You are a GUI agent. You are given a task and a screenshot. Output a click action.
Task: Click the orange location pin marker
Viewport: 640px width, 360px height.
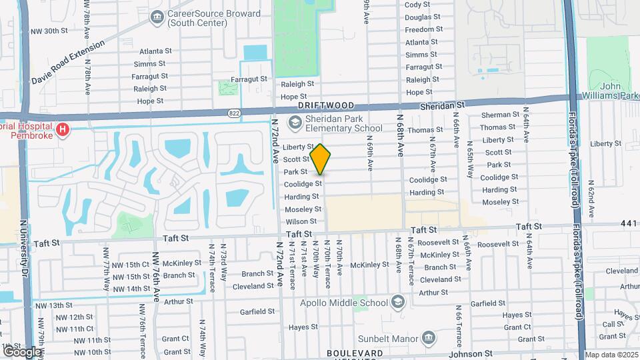pos(321,159)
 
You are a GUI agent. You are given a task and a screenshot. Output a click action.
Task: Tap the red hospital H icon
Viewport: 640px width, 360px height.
pos(63,129)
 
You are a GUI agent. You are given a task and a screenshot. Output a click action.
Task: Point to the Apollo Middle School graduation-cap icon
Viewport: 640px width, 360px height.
pos(398,303)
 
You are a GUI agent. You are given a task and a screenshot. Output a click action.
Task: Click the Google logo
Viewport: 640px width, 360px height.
pos(21,351)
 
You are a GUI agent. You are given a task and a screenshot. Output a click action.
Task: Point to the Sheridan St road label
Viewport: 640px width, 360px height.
pos(442,106)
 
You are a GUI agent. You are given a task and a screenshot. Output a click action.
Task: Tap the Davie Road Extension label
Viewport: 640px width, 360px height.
pos(67,62)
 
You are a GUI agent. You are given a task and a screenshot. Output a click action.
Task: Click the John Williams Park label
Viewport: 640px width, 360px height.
pos(619,91)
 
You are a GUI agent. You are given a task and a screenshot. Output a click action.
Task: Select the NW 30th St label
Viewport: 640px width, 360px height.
pos(53,31)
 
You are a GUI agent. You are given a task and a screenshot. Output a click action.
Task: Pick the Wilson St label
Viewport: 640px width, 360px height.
pos(301,221)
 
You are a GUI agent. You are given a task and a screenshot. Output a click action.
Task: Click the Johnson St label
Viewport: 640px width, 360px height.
pos(474,353)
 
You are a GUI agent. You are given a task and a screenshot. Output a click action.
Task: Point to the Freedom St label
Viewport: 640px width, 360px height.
pos(420,30)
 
